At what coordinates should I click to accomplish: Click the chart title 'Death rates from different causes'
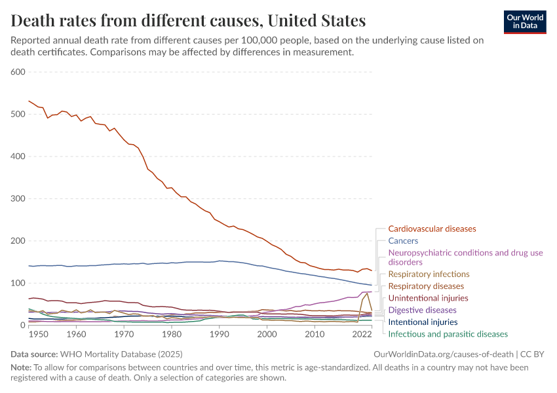coord(189,20)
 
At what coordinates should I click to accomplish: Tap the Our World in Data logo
coord(524,21)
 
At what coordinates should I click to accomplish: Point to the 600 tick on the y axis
coord(18,72)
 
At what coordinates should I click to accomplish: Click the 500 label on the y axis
coord(18,114)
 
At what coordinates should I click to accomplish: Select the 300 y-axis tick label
coord(18,198)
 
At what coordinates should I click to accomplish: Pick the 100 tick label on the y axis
coord(18,283)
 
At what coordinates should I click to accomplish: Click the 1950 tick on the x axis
coord(38,334)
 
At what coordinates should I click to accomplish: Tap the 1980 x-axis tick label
coord(172,334)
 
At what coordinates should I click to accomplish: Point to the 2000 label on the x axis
coord(267,334)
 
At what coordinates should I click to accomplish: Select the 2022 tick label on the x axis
coord(362,334)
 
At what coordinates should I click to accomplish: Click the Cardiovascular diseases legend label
coord(432,229)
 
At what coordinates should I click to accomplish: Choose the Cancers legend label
coord(403,241)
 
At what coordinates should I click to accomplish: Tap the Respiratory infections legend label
coord(429,274)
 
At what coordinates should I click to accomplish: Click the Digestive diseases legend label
coord(422,310)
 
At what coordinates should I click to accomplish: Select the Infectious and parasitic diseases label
coord(448,334)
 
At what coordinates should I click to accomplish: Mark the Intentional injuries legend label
coord(423,322)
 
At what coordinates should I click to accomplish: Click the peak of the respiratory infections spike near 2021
coord(367,292)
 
